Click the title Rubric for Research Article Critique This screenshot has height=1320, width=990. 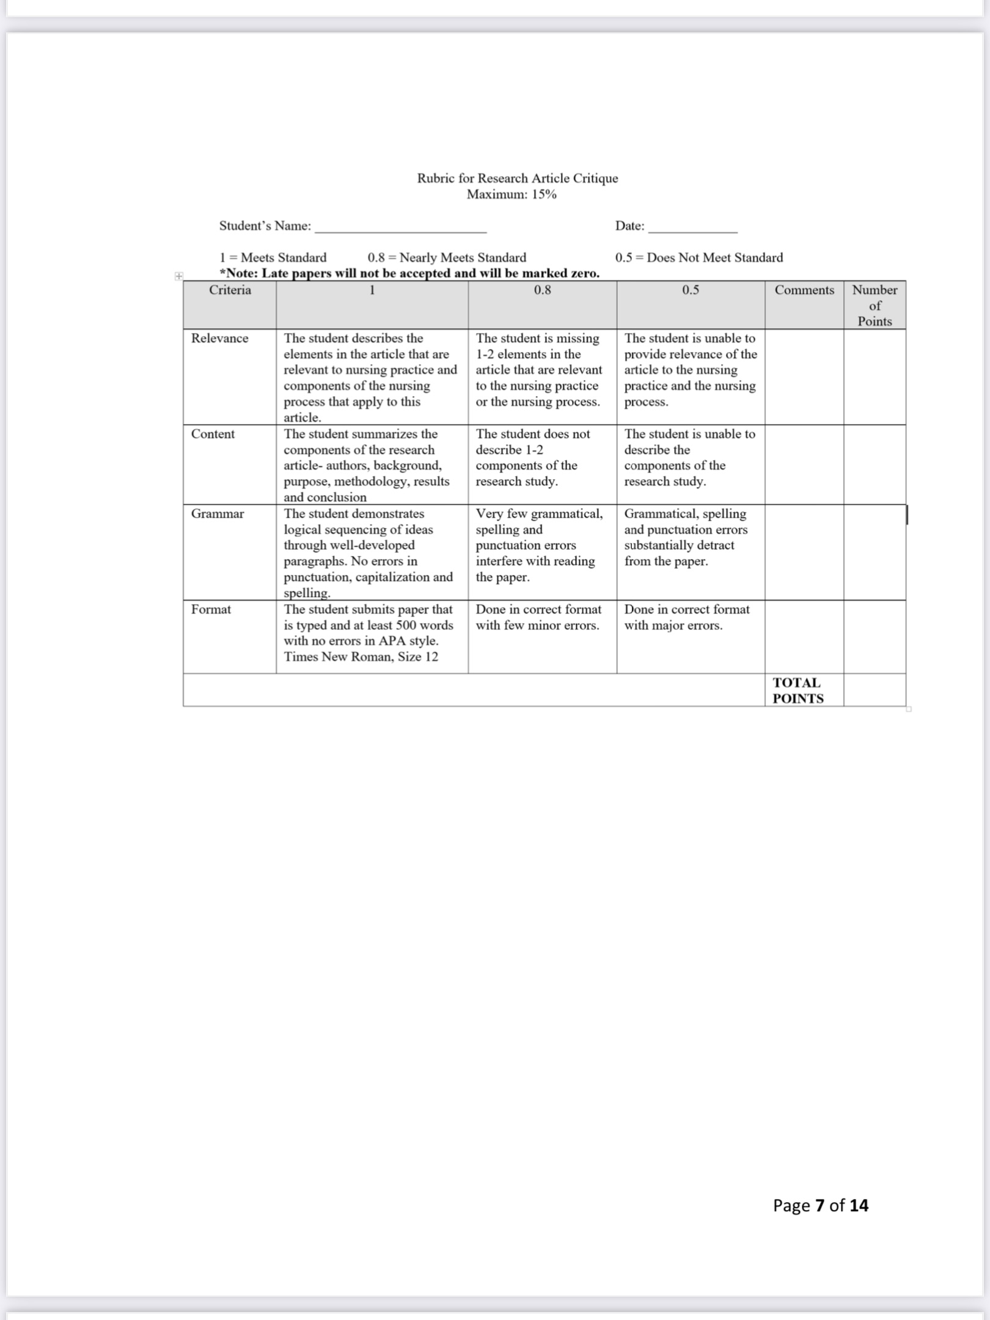517,178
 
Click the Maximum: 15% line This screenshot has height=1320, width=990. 512,194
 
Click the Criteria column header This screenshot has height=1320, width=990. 230,290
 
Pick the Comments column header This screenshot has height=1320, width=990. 804,290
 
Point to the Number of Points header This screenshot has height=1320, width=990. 875,305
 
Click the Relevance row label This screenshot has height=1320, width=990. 219,339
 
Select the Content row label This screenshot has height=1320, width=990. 213,434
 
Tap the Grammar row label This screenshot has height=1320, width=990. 217,514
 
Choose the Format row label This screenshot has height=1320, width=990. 211,609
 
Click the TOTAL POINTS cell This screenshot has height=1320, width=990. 798,691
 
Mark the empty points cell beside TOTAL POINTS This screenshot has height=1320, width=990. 875,691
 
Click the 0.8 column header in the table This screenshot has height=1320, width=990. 542,290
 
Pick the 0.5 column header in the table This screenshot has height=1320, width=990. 691,290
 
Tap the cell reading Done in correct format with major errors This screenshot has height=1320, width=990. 686,617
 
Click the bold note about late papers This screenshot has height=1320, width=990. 409,273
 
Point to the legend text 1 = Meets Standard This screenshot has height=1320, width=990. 273,257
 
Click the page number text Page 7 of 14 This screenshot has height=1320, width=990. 820,1205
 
